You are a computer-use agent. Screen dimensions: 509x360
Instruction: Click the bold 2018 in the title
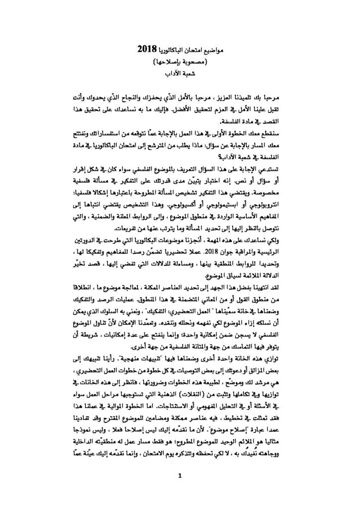click(147, 51)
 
